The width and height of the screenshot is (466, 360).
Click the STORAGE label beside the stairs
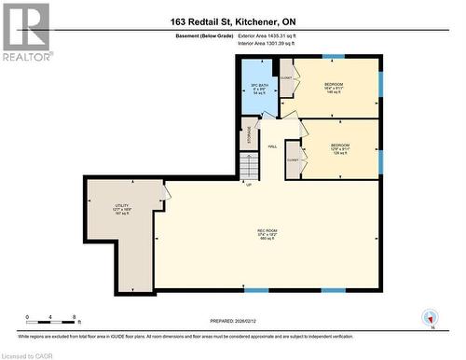click(x=249, y=135)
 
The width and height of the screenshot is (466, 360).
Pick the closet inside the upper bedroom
click(x=288, y=81)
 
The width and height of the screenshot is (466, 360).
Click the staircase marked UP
click(x=249, y=167)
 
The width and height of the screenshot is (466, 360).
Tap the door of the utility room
click(x=165, y=193)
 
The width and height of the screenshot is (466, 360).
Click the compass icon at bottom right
click(x=430, y=318)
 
